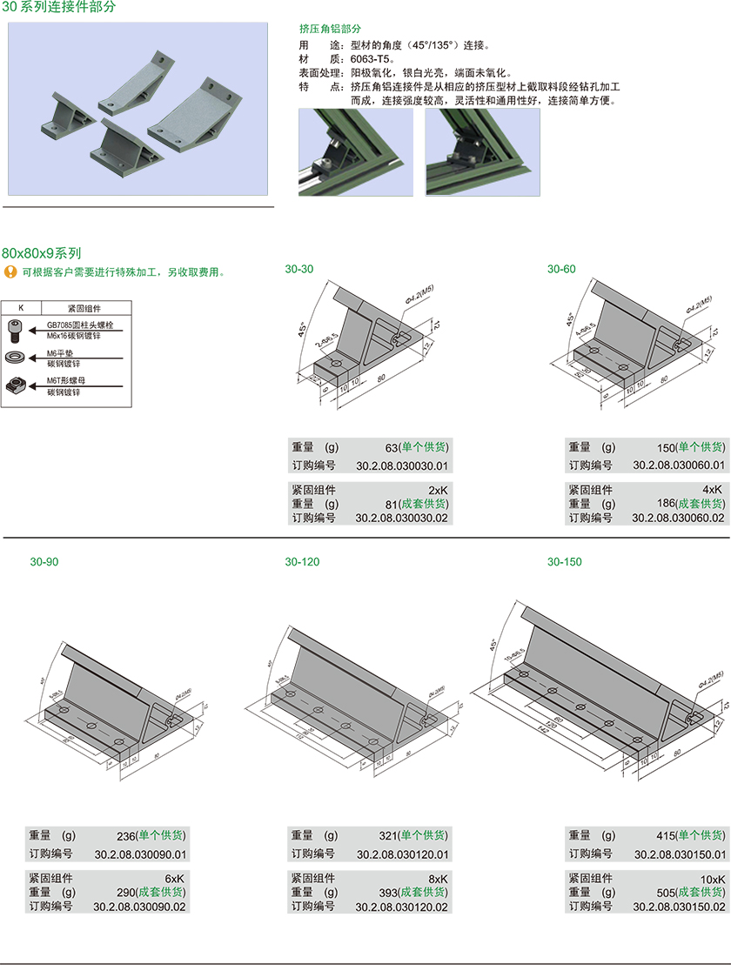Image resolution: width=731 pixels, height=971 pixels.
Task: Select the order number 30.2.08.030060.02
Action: click(x=678, y=518)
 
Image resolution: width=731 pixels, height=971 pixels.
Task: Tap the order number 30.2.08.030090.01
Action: click(x=141, y=854)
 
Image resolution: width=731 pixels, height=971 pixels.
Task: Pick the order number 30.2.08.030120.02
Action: click(x=402, y=907)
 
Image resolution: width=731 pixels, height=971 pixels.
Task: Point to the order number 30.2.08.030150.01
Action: click(x=679, y=854)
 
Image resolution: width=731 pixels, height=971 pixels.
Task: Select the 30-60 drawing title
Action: click(x=561, y=270)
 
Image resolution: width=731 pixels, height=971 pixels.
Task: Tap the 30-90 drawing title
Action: click(x=44, y=562)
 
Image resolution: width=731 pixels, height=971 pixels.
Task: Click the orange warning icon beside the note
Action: click(x=10, y=272)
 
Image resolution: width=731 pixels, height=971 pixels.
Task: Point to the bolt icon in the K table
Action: click(x=15, y=329)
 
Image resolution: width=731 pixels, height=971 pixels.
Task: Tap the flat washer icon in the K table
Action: click(x=15, y=358)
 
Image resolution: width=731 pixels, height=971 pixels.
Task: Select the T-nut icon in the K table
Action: click(x=15, y=384)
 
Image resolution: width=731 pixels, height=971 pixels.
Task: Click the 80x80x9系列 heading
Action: click(x=42, y=254)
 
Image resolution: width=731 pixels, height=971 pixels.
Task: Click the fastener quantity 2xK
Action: click(x=438, y=490)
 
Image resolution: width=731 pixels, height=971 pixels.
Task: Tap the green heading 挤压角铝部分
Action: click(x=330, y=29)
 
